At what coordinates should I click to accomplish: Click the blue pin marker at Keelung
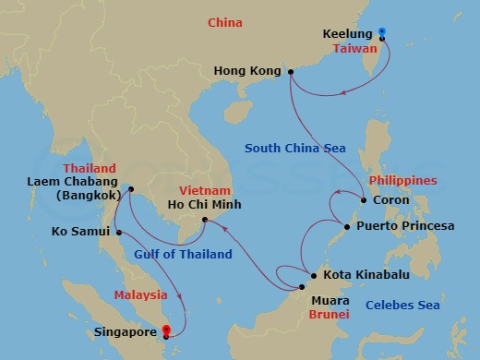point(382,34)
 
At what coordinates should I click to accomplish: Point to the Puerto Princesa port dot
point(346,226)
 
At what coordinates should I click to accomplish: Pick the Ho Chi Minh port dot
point(206,220)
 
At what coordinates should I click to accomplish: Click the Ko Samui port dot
point(119,232)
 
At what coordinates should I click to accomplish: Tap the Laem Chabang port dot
point(130,190)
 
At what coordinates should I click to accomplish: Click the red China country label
point(226,21)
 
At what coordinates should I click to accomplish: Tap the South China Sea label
point(294,149)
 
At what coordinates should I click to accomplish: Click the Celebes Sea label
point(402,306)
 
